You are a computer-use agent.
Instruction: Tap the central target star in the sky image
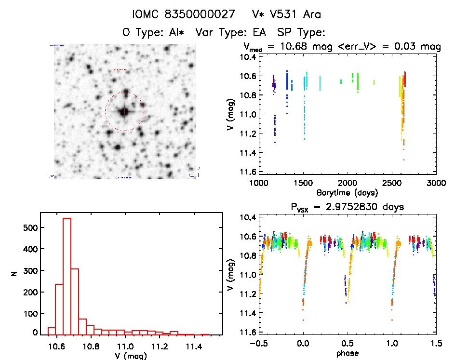[124, 111]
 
